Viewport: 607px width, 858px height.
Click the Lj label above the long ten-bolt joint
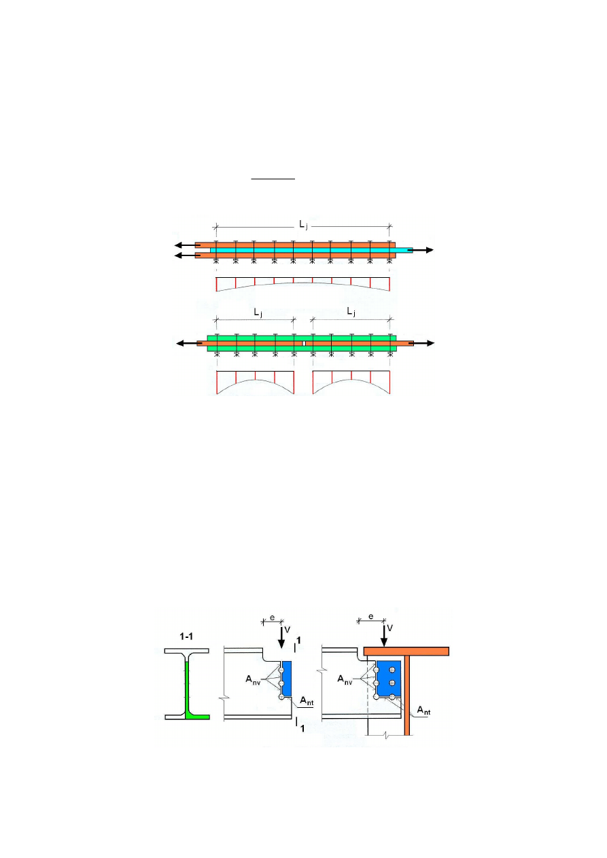point(303,225)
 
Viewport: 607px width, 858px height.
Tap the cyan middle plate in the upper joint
point(311,250)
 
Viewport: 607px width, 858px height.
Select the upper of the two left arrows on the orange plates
point(188,245)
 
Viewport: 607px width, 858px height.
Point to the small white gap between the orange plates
point(304,344)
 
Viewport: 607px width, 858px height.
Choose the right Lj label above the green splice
point(351,312)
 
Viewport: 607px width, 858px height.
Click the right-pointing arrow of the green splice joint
point(421,344)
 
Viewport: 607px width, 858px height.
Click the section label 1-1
point(186,637)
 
